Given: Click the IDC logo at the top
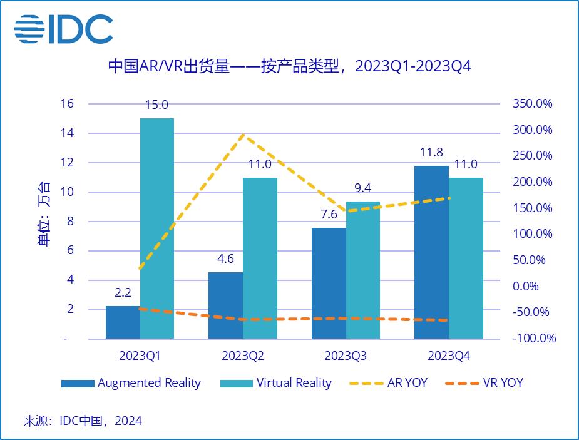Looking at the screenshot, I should pos(63,29).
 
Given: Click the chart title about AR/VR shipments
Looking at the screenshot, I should pos(289,66).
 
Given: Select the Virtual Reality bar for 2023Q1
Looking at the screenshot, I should pos(157,228).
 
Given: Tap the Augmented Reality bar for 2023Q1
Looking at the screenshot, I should pos(123,322).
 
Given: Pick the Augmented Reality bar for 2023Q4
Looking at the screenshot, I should pos(431,252).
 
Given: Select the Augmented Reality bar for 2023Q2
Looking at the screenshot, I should pos(225,305).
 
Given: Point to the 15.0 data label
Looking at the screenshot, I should pos(157,105).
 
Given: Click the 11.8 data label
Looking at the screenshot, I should pos(431,153).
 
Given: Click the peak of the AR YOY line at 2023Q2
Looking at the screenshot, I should pos(243,135).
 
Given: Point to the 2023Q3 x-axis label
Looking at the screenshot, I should pos(346,356).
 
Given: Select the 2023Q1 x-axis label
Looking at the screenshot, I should pos(140,356).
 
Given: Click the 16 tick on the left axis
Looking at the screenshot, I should pos(67,104).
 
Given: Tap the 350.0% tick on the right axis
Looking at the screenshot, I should pos(532,104).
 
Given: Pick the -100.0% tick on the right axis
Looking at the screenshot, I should pos(533,339).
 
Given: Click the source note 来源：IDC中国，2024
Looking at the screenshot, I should pos(83,421).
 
